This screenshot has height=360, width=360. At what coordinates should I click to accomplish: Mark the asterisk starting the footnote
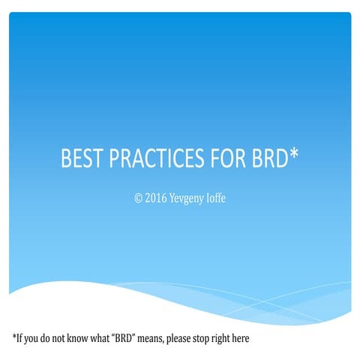point(14,337)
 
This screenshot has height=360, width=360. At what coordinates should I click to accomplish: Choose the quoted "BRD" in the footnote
point(124,338)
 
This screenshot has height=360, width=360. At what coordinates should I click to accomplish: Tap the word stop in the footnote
point(210,339)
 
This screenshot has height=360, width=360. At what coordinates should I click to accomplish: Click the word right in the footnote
point(232,339)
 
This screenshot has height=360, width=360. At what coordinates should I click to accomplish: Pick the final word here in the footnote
point(253,338)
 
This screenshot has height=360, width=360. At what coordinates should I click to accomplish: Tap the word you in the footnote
point(32,339)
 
